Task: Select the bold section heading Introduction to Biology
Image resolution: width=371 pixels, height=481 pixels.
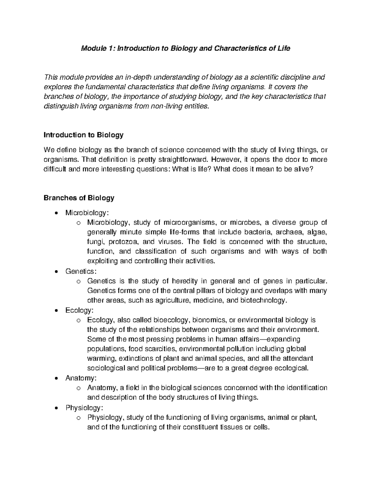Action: click(84, 135)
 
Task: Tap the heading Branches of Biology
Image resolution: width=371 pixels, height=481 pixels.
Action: click(79, 198)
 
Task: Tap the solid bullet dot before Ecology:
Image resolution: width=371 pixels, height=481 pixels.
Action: click(56, 311)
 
